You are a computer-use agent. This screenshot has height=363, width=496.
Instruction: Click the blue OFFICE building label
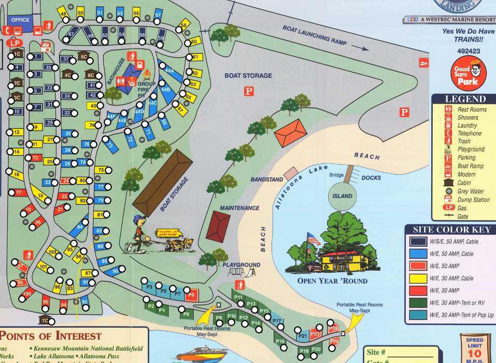pyautogui.click(x=20, y=20)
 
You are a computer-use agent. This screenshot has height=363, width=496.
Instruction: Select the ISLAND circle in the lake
pyautogui.click(x=342, y=197)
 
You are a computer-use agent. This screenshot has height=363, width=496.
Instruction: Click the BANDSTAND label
pyautogui.click(x=266, y=179)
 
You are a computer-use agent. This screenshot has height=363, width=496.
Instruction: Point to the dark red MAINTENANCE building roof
pyautogui.click(x=218, y=226)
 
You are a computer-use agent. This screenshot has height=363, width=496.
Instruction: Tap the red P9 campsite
pyautogui.click(x=191, y=295)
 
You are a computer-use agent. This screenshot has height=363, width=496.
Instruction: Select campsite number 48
pyautogui.click(x=63, y=15)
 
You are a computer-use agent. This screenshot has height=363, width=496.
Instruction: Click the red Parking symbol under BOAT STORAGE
pyautogui.click(x=249, y=91)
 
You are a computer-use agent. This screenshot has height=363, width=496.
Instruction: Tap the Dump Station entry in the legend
pyautogui.click(x=473, y=200)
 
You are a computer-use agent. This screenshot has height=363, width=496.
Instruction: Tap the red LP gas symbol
pyautogui.click(x=14, y=43)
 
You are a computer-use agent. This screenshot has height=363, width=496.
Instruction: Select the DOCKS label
pyautogui.click(x=371, y=178)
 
